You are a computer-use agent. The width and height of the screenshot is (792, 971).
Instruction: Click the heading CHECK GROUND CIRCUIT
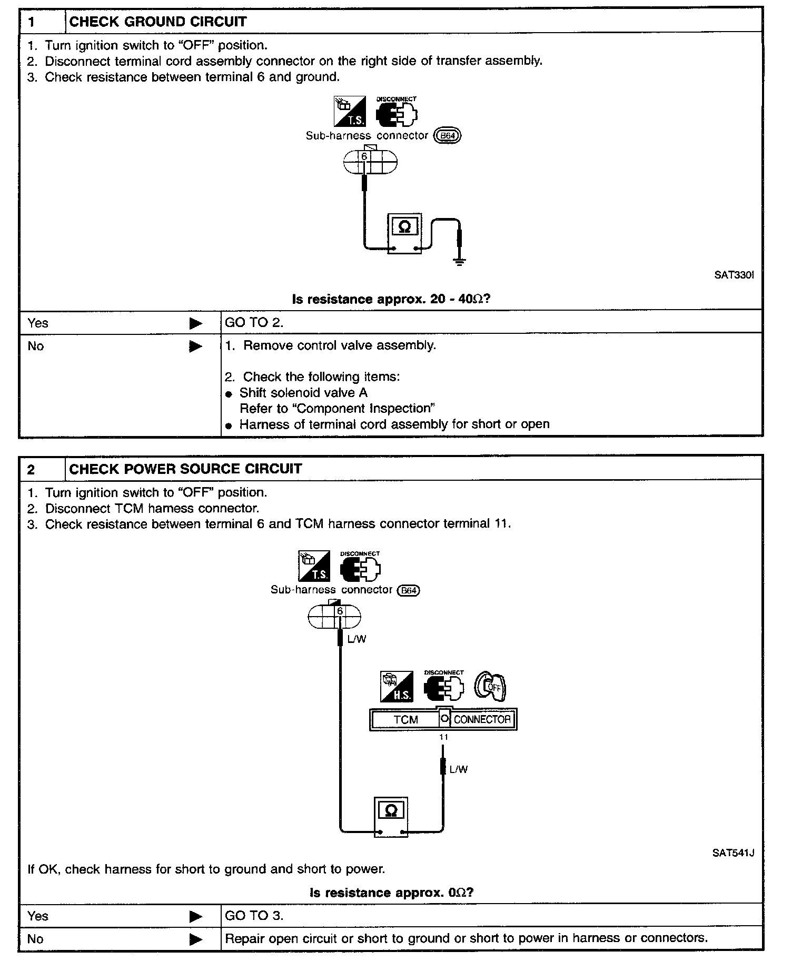click(x=157, y=22)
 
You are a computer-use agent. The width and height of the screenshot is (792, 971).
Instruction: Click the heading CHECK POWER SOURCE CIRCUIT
click(x=185, y=469)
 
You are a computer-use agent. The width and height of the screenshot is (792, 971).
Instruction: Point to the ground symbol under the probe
click(x=460, y=262)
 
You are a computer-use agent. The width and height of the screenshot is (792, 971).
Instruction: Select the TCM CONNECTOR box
click(x=443, y=719)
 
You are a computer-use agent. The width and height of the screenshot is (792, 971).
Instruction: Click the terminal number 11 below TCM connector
click(x=443, y=737)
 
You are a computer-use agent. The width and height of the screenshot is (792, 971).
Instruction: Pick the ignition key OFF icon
click(x=490, y=687)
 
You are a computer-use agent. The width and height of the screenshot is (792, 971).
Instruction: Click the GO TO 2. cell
click(x=254, y=323)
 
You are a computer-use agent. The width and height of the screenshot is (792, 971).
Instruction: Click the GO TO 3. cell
click(x=254, y=916)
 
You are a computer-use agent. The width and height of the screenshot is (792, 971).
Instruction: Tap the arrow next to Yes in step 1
click(x=196, y=323)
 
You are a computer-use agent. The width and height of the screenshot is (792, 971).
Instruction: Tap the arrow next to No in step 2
click(x=196, y=939)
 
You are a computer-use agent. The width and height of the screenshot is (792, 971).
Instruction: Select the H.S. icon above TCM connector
click(x=397, y=687)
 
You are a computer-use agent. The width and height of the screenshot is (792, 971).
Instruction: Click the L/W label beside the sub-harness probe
click(x=357, y=639)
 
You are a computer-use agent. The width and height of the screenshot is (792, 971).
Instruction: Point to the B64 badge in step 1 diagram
click(x=447, y=136)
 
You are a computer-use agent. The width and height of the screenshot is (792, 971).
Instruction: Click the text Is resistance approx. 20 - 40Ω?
click(x=391, y=299)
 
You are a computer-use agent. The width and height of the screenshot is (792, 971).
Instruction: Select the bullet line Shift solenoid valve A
click(x=303, y=393)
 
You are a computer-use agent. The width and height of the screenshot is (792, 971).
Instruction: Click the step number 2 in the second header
click(x=31, y=469)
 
